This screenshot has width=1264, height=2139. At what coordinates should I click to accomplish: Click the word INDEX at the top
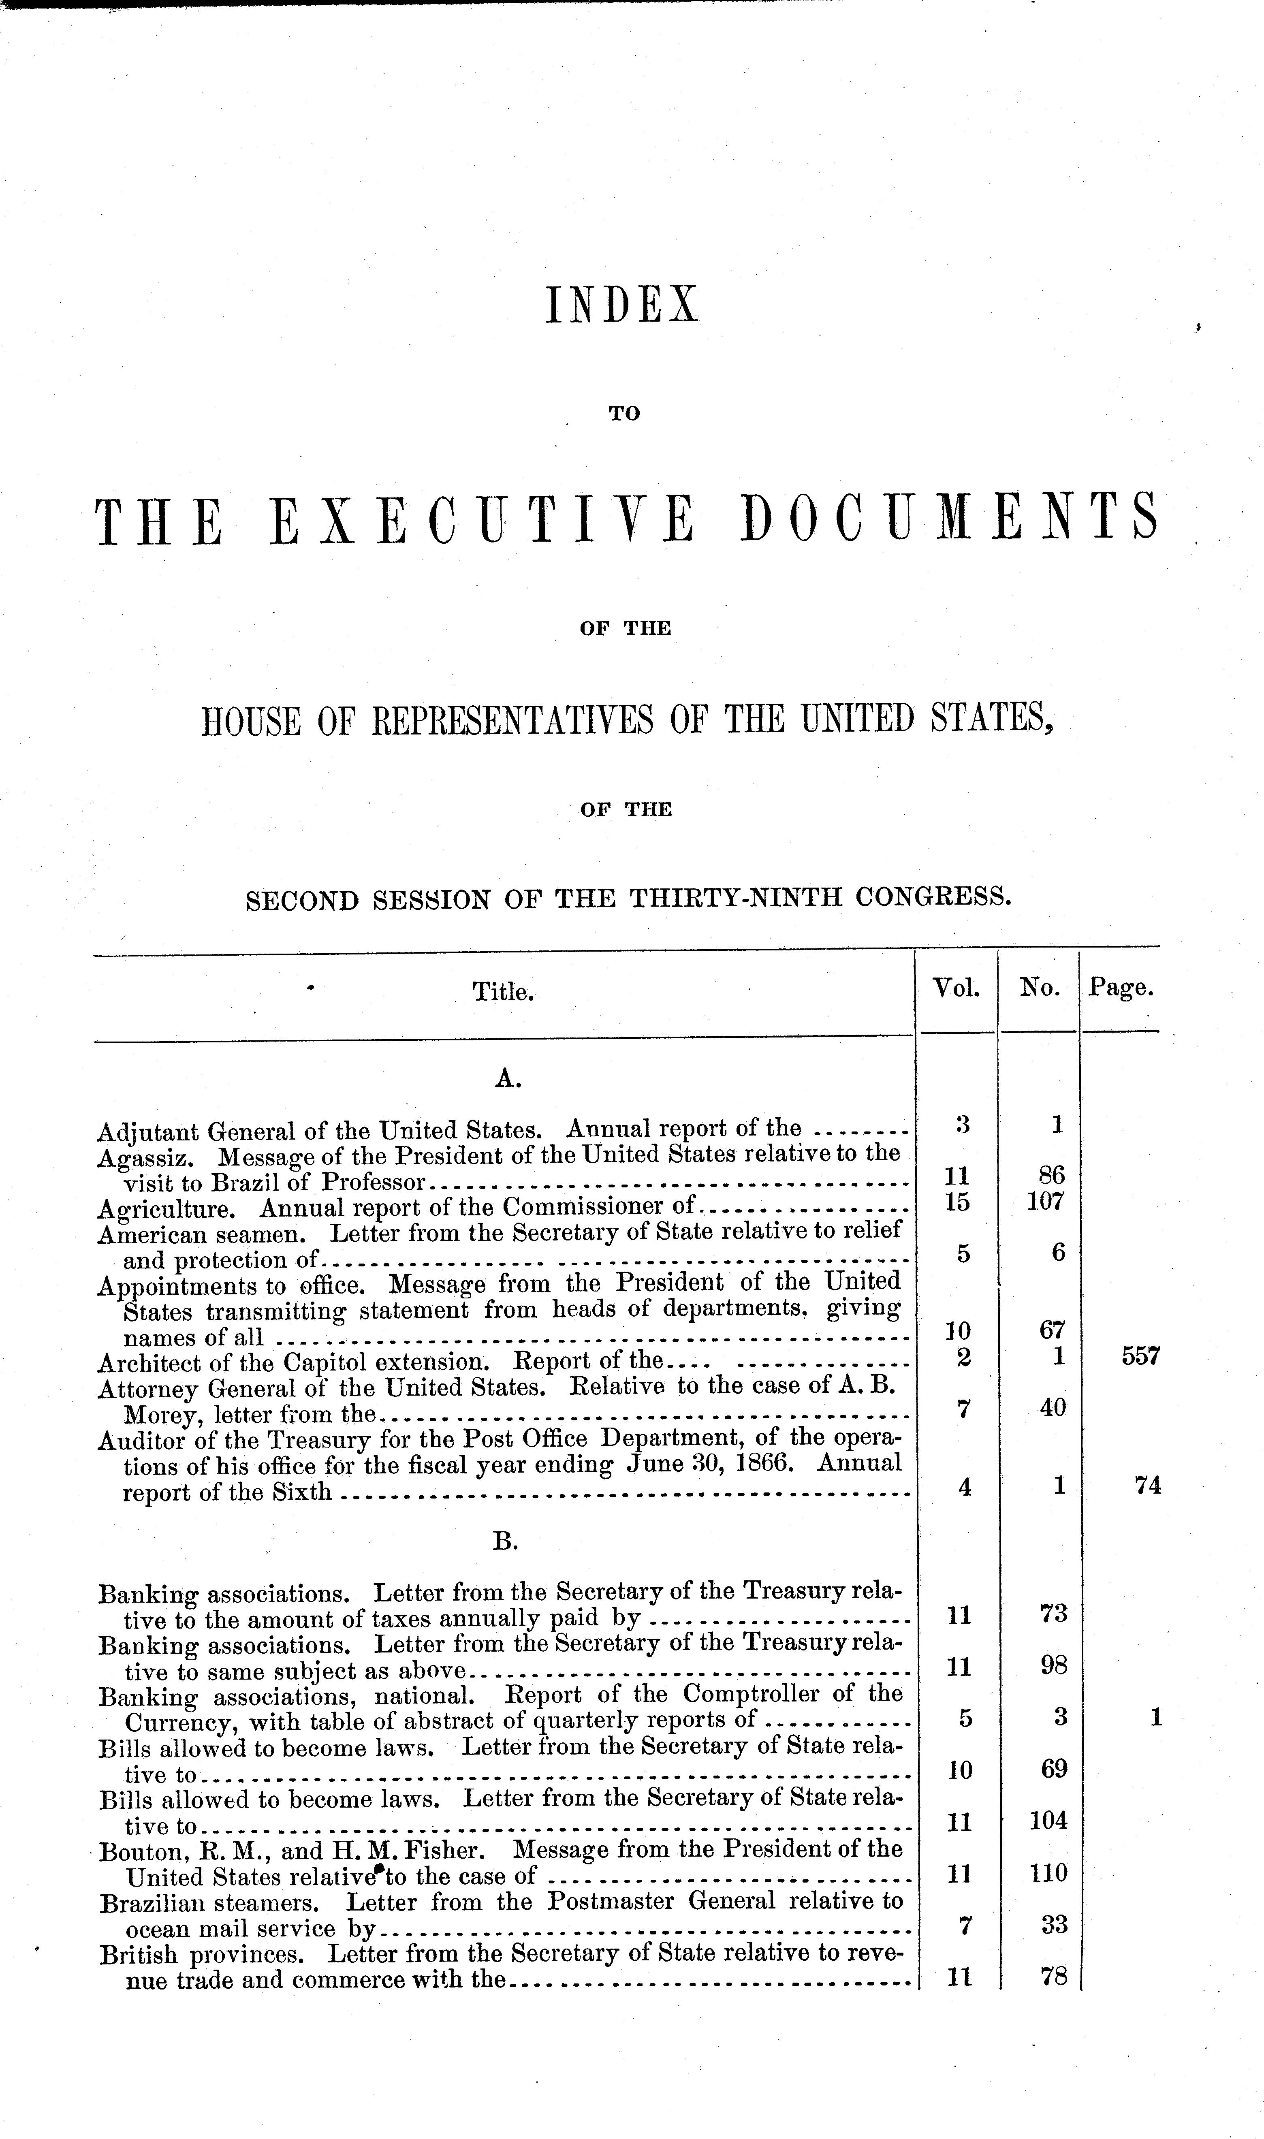pyautogui.click(x=621, y=305)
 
